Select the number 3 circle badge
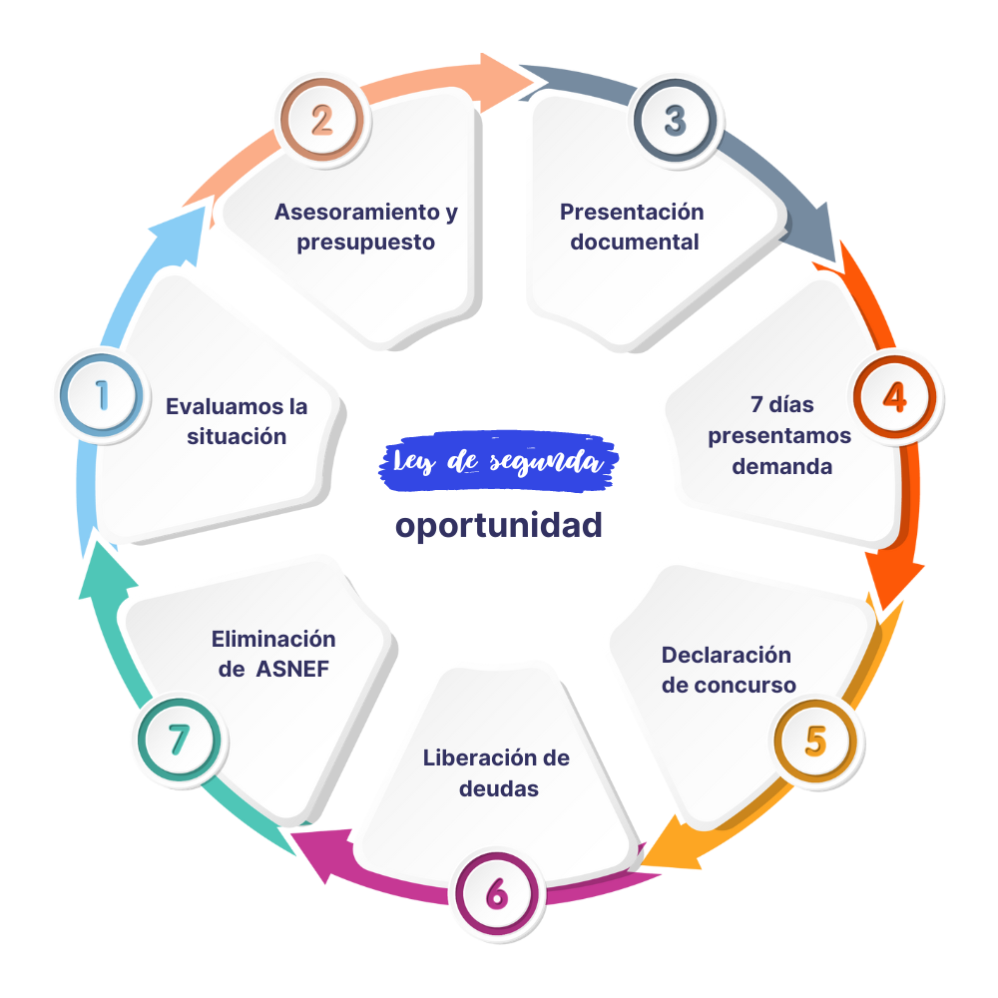point(675,121)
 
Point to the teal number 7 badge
point(180,740)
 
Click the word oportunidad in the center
point(498,525)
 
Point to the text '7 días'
point(781,405)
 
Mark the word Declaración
point(726,655)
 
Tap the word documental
point(634,243)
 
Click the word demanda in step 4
point(781,466)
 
